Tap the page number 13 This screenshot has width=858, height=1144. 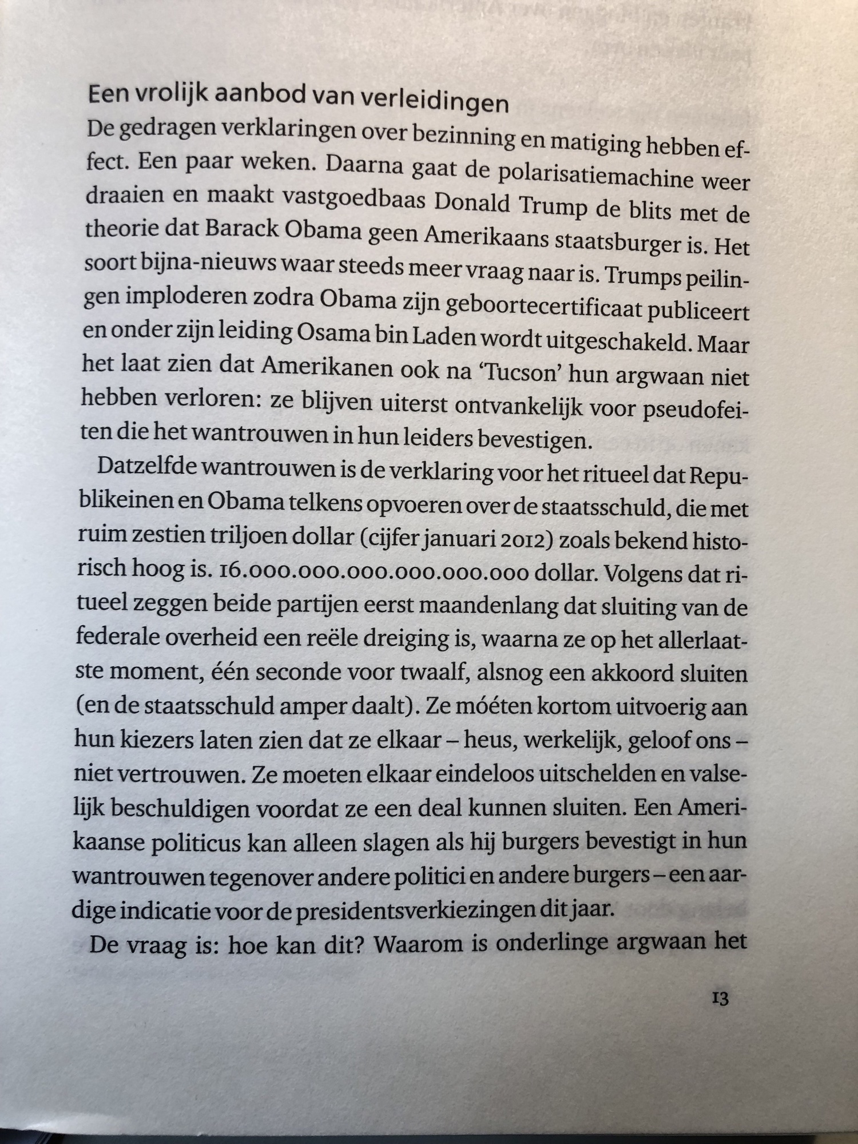720,999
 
